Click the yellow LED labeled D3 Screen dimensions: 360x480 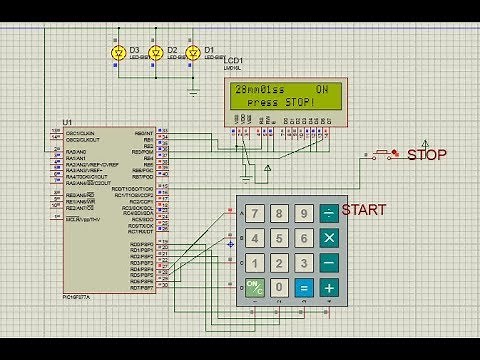click(x=119, y=51)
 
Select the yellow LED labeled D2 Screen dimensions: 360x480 click(x=155, y=51)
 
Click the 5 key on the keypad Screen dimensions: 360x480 click(x=279, y=238)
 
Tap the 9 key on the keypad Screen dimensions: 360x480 click(x=303, y=213)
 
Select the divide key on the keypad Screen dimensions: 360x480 click(x=328, y=213)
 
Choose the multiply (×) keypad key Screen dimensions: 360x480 click(x=328, y=238)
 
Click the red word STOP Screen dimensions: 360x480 click(x=428, y=155)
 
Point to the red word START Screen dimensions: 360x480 click(x=363, y=210)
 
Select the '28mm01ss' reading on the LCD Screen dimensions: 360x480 click(x=258, y=90)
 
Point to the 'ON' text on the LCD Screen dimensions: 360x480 click(x=322, y=90)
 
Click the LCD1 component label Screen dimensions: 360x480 click(x=234, y=61)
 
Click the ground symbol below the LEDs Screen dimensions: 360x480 click(x=193, y=91)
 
